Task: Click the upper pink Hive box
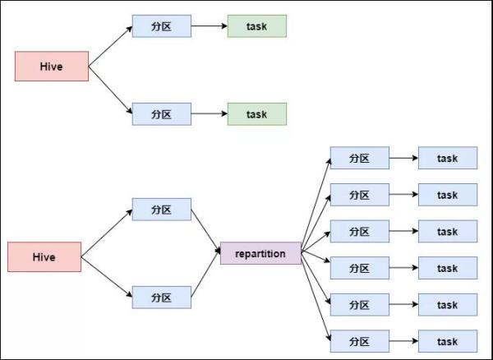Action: tap(51, 67)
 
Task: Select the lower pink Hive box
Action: tap(44, 256)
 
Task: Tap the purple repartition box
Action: tap(260, 254)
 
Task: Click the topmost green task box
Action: tap(256, 26)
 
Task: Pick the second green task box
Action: tap(256, 114)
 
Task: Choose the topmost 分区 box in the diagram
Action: tap(161, 26)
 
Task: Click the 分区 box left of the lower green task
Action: tap(161, 114)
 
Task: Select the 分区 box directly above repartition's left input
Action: tap(161, 210)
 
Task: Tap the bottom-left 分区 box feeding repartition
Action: tap(161, 297)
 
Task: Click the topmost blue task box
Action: tap(447, 158)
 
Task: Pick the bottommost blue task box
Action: tap(447, 341)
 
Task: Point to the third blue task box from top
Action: tap(447, 231)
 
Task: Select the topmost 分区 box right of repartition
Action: tap(359, 158)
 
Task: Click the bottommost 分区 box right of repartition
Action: tap(359, 341)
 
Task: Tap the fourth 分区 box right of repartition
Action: tap(359, 268)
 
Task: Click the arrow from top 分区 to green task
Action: tap(209, 26)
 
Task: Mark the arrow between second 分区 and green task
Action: tap(209, 114)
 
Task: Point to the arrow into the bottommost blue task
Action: tap(403, 341)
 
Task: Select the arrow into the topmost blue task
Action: tap(403, 158)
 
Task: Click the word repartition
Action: tap(260, 254)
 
